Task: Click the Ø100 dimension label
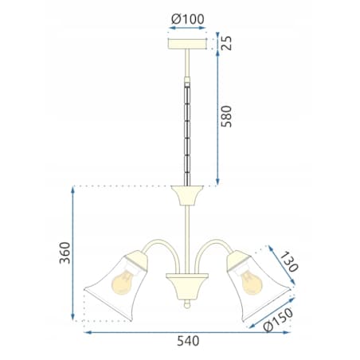click(x=188, y=19)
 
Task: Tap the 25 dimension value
click(x=226, y=43)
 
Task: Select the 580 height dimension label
click(x=226, y=116)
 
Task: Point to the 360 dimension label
click(x=65, y=252)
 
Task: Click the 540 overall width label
click(x=188, y=341)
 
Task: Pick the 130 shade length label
click(x=289, y=262)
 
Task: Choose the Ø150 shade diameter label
click(x=279, y=319)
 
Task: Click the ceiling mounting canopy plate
click(x=187, y=44)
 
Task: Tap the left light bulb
click(x=123, y=281)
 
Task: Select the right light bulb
click(x=251, y=282)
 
